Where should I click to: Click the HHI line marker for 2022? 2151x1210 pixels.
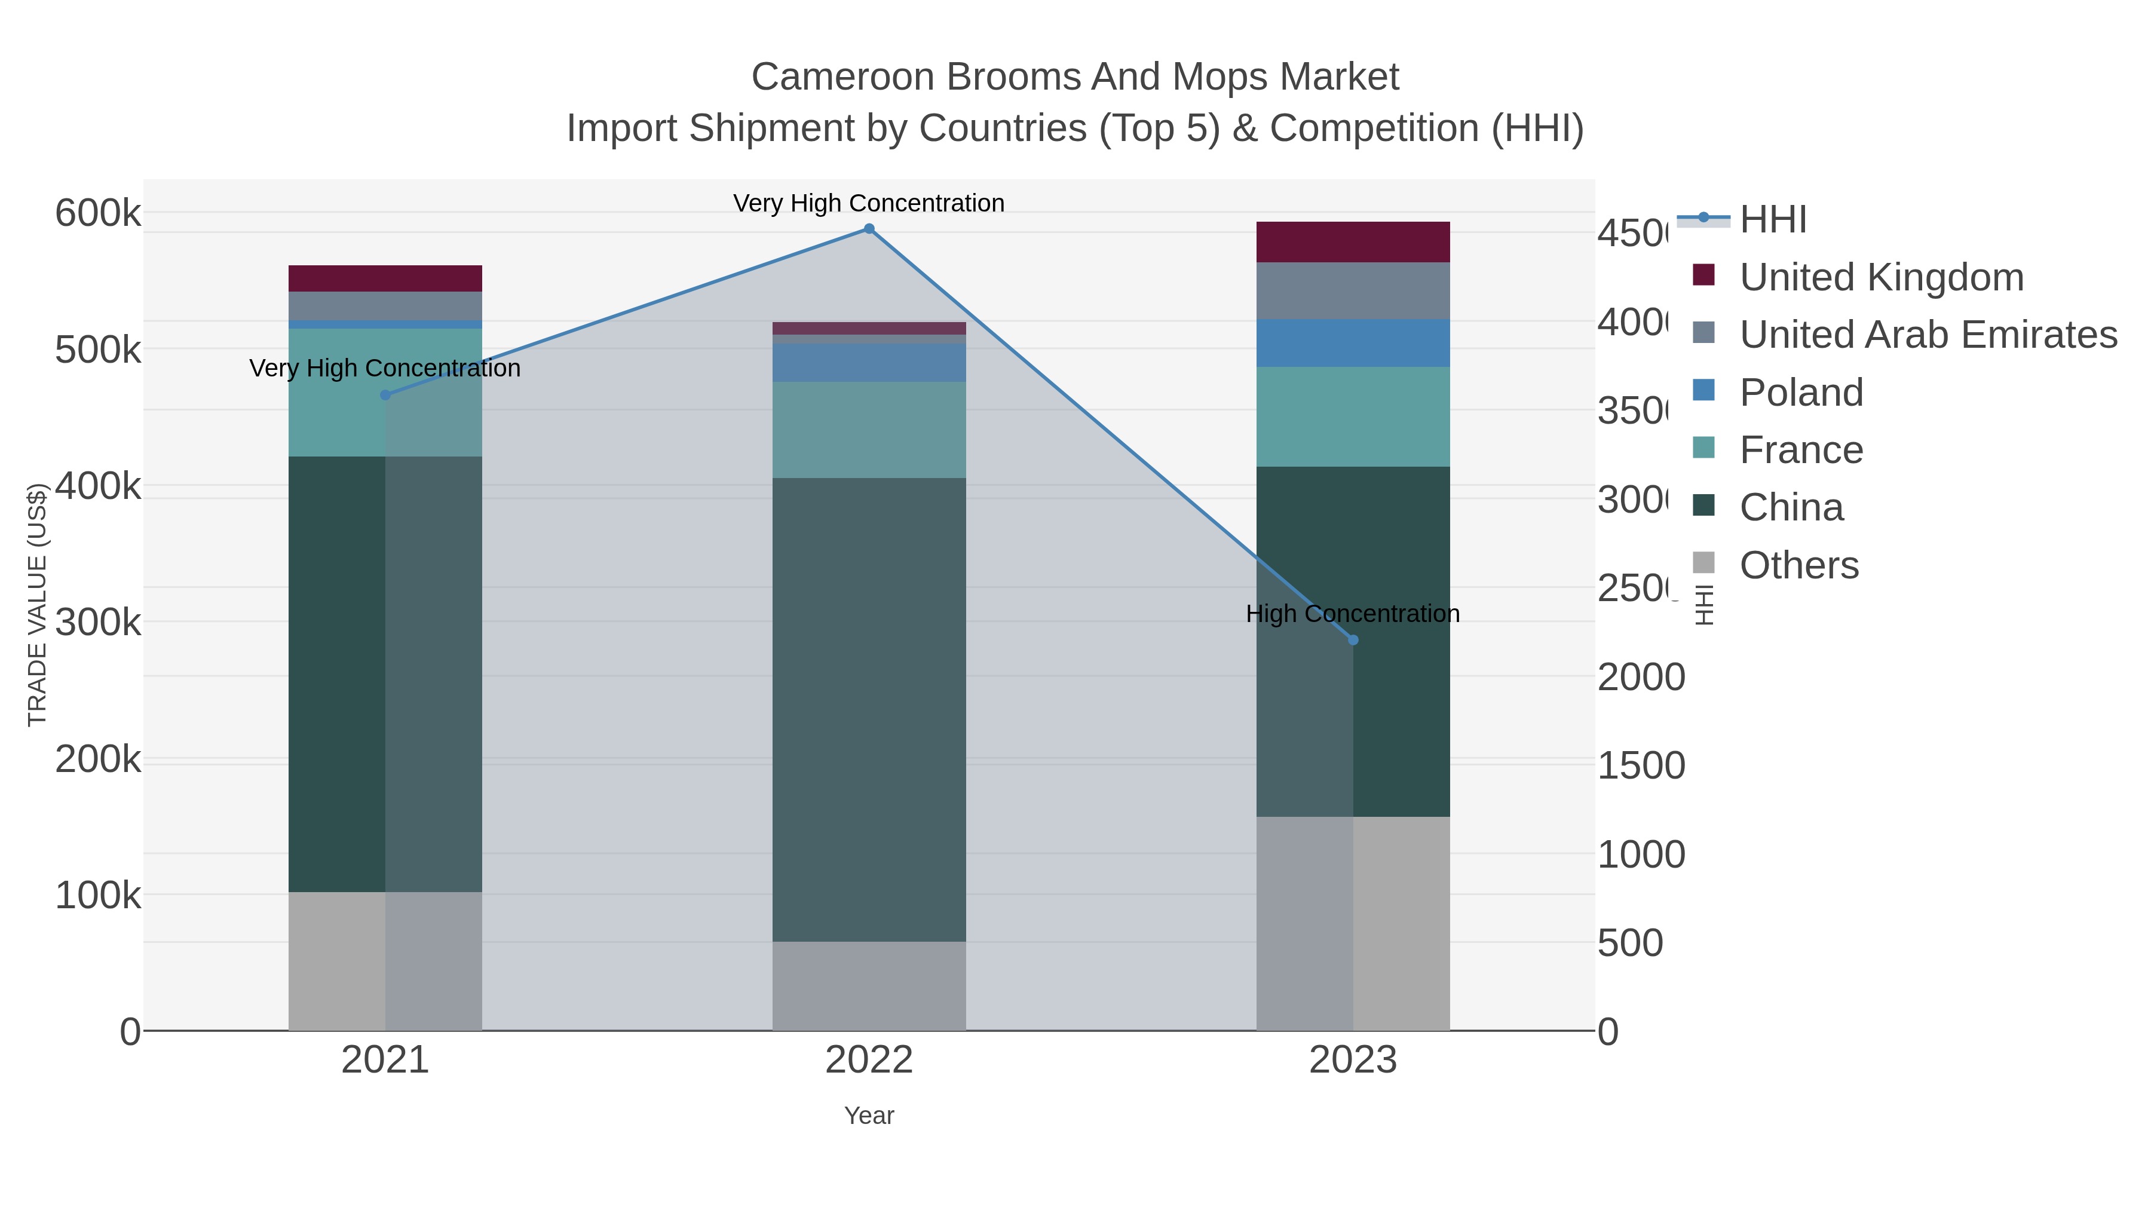868,229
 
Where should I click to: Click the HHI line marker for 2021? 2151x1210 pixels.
385,395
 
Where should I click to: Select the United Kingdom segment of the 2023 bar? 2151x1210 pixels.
1353,242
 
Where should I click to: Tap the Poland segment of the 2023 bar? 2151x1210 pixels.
1353,343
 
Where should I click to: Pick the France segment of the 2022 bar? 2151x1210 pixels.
868,430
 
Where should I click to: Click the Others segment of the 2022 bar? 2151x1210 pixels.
868,986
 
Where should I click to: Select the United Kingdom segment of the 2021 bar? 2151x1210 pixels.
385,278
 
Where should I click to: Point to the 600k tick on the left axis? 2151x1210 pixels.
98,213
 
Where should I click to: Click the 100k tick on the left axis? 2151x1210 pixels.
98,895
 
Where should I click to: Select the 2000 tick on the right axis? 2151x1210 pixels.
1641,677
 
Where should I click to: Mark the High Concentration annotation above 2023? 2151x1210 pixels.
1352,614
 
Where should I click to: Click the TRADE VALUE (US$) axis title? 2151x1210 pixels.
36,605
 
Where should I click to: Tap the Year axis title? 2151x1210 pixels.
868,1116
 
